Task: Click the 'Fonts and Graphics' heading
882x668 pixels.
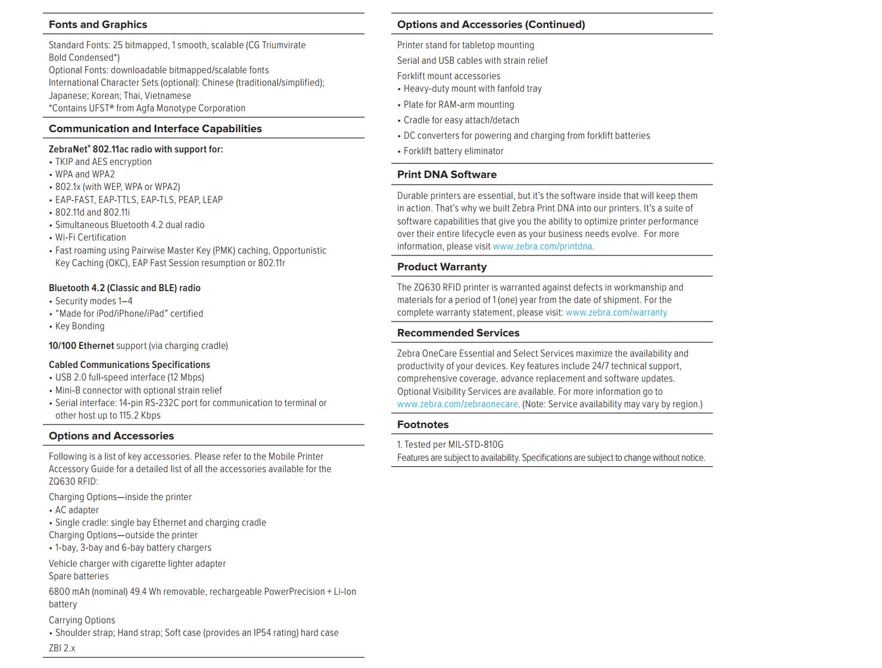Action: tap(98, 24)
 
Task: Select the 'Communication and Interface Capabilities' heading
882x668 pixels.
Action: tap(155, 129)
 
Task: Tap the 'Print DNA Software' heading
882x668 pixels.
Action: tap(447, 174)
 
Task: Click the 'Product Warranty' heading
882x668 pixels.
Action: tap(441, 267)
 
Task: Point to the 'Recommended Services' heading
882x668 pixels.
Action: tap(458, 333)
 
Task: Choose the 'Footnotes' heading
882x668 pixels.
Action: tap(423, 424)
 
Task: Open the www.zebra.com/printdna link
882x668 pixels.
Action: tap(543, 246)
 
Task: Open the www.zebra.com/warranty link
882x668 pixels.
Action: tap(616, 313)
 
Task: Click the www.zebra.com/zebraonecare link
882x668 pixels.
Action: tap(457, 404)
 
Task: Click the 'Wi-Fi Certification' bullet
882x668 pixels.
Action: tap(91, 238)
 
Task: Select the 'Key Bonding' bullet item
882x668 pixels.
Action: tap(80, 326)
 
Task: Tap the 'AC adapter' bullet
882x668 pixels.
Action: tap(77, 510)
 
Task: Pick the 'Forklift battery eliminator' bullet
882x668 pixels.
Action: tap(453, 151)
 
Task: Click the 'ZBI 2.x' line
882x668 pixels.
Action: tap(62, 648)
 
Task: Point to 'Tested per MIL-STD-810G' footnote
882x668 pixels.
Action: tap(450, 445)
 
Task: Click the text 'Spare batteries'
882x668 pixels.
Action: tap(79, 576)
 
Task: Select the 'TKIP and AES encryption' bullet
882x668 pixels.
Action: tap(103, 162)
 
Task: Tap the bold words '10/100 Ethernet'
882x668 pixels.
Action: tap(81, 346)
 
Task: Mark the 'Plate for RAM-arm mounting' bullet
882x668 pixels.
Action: tap(459, 105)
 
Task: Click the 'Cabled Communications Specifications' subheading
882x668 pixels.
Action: tap(129, 365)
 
